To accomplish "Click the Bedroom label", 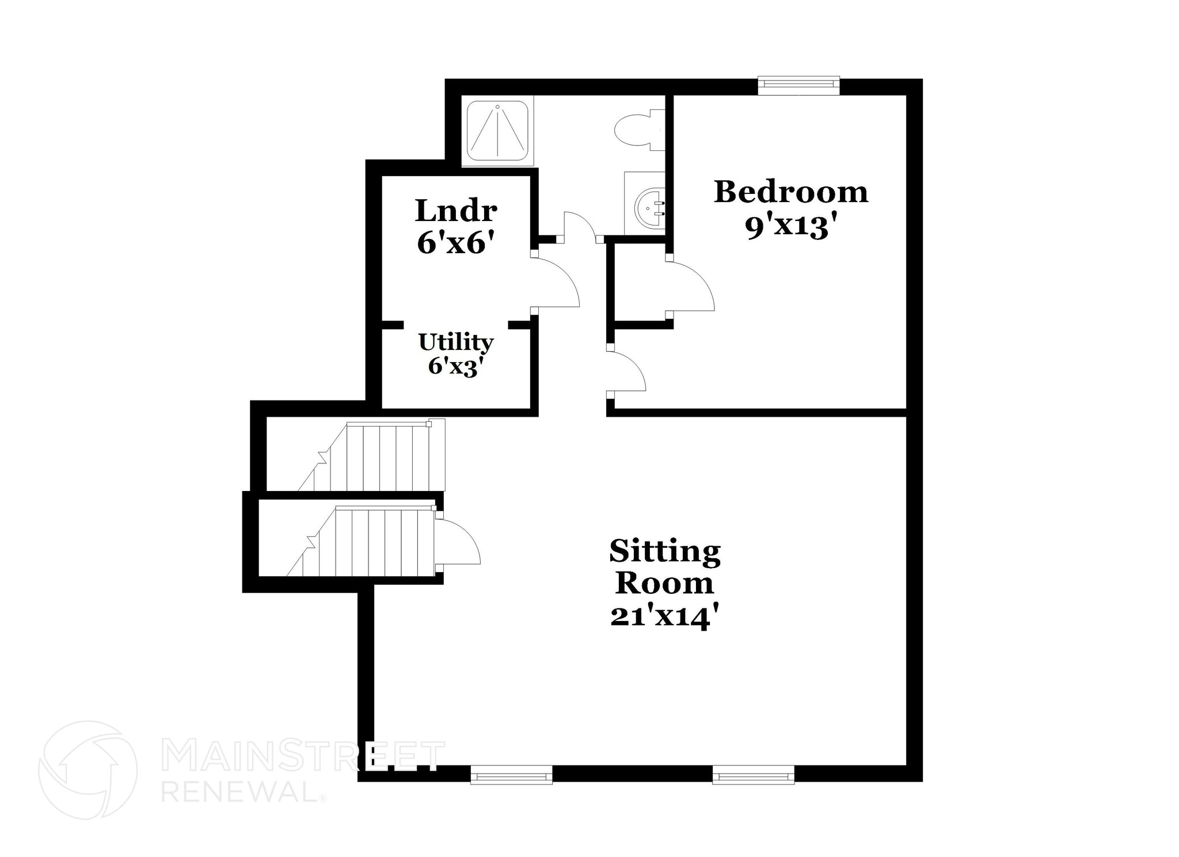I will (x=790, y=192).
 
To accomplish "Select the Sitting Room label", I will (x=665, y=567).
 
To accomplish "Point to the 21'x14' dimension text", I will (x=665, y=617).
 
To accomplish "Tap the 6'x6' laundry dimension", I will (x=456, y=243).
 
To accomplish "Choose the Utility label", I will (x=456, y=342).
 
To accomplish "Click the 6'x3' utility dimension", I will (x=455, y=366).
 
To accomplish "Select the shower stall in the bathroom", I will (x=497, y=131).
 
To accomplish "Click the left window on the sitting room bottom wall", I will (x=511, y=774).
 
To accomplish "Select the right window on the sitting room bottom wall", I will (x=754, y=774).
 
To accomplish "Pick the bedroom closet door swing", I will (x=691, y=287).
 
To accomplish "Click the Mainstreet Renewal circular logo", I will (x=88, y=770).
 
